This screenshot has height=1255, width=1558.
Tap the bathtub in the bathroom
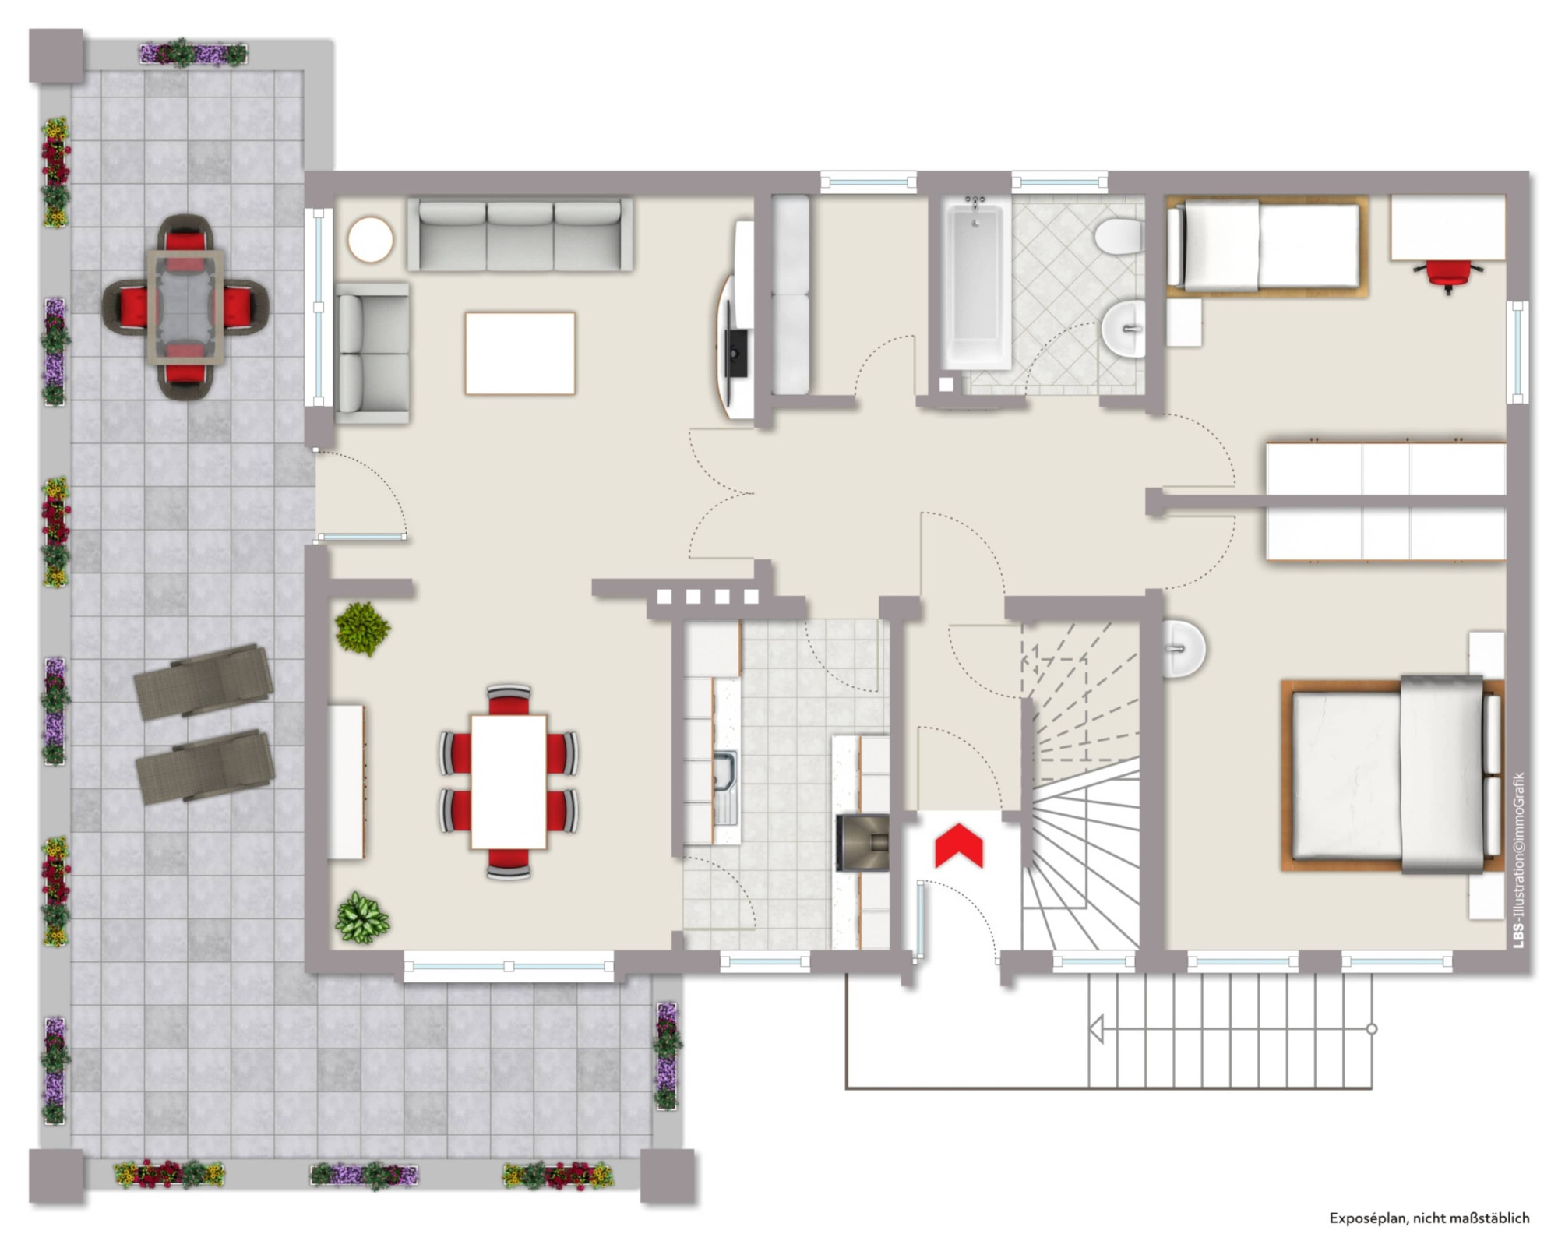pos(976,281)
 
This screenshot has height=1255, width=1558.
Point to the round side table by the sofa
pos(370,240)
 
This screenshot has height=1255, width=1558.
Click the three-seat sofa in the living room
pos(520,234)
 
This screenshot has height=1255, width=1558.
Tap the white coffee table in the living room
pos(520,354)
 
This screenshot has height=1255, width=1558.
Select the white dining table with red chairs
pos(509,781)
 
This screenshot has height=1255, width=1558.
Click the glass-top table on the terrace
pos(185,307)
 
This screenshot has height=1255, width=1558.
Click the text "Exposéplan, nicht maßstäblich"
pos(1429,1218)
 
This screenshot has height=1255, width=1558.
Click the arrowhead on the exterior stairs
pos(1095,1029)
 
